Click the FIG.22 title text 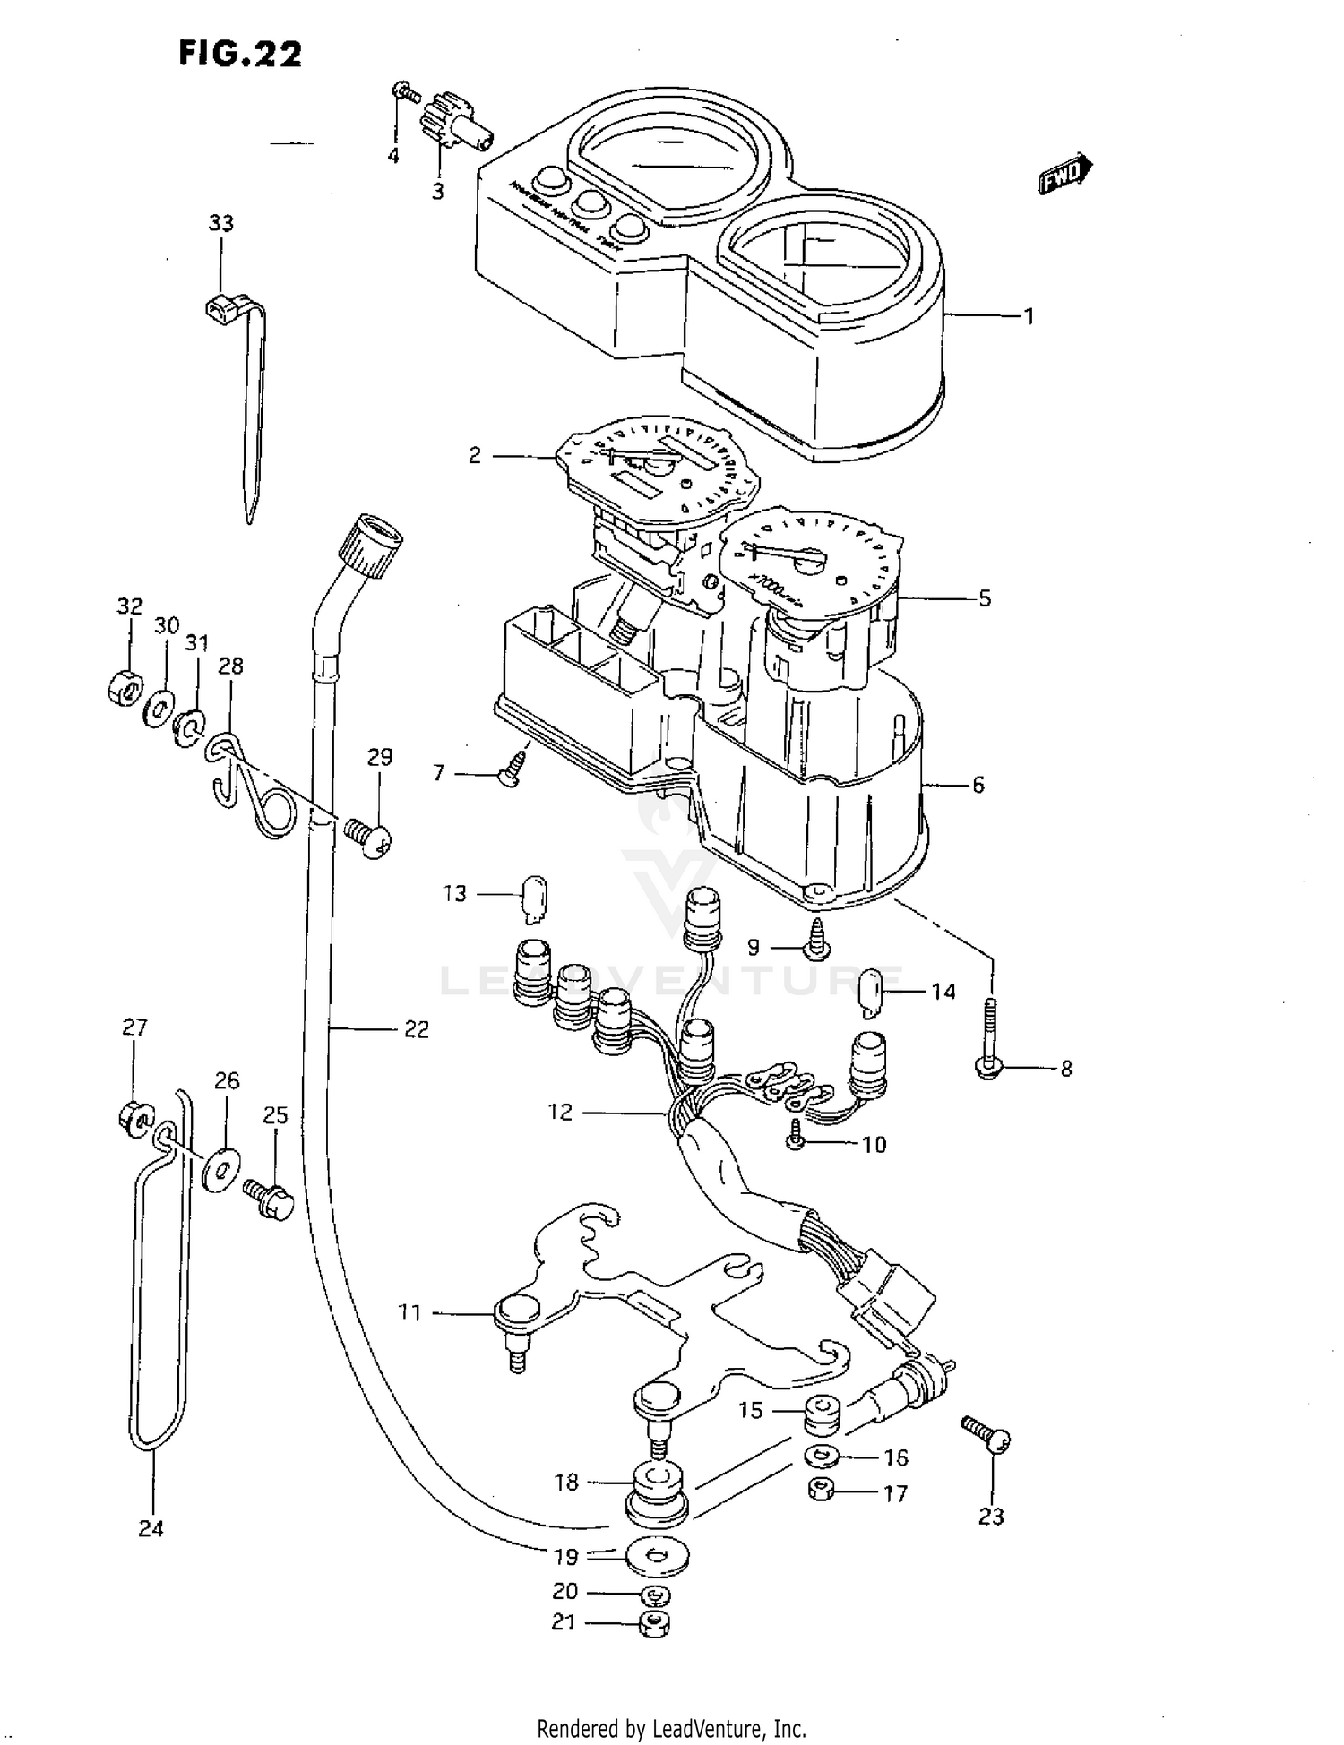pyautogui.click(x=240, y=54)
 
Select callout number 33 pyautogui.click(x=220, y=222)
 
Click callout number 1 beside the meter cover pyautogui.click(x=1030, y=316)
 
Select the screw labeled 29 pyautogui.click(x=370, y=838)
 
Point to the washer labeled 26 pyautogui.click(x=219, y=1169)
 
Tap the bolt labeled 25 pyautogui.click(x=268, y=1199)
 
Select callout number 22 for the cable pyautogui.click(x=416, y=1029)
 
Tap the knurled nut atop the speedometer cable pyautogui.click(x=371, y=544)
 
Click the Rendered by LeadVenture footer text pyautogui.click(x=671, y=1728)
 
